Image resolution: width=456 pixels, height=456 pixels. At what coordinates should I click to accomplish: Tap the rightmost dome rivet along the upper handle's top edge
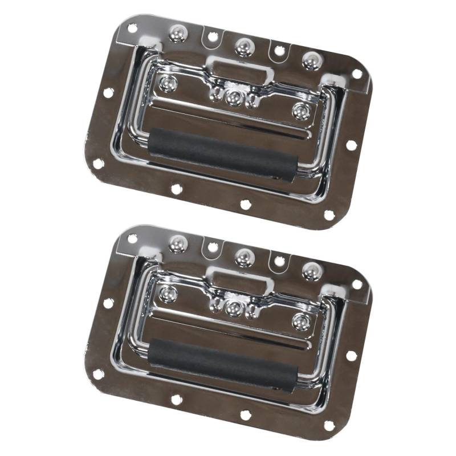point(311,60)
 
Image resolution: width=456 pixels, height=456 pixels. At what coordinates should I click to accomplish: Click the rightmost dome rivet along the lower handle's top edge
point(311,270)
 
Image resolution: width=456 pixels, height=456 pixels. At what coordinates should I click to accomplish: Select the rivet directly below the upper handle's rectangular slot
point(232,97)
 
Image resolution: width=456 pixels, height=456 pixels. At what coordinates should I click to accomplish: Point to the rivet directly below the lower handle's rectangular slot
point(232,307)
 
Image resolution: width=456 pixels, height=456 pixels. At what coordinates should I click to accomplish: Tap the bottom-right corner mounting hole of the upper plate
point(329,215)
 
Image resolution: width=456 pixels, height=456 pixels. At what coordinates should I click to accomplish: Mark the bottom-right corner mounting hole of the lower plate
point(329,425)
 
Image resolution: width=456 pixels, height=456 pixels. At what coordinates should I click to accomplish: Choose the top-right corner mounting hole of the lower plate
point(357,283)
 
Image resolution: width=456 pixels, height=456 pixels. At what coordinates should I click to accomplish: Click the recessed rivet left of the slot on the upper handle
point(168,83)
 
